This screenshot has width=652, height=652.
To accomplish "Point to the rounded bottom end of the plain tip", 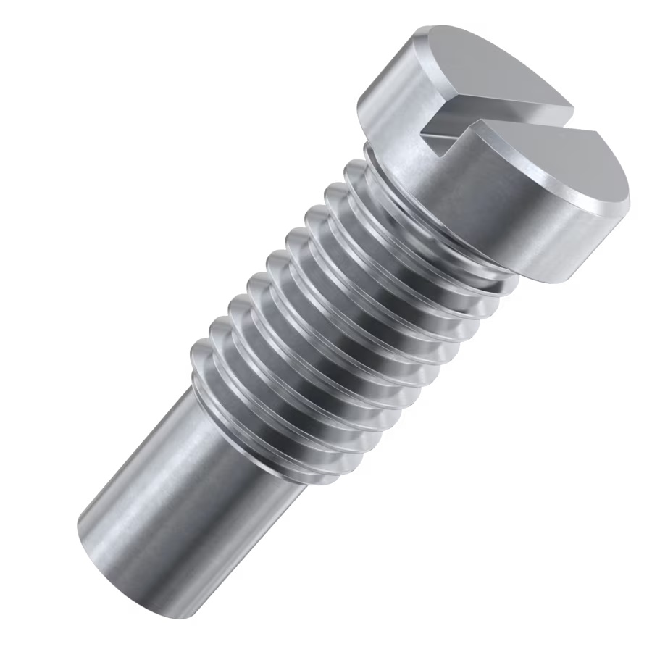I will (91, 551).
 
